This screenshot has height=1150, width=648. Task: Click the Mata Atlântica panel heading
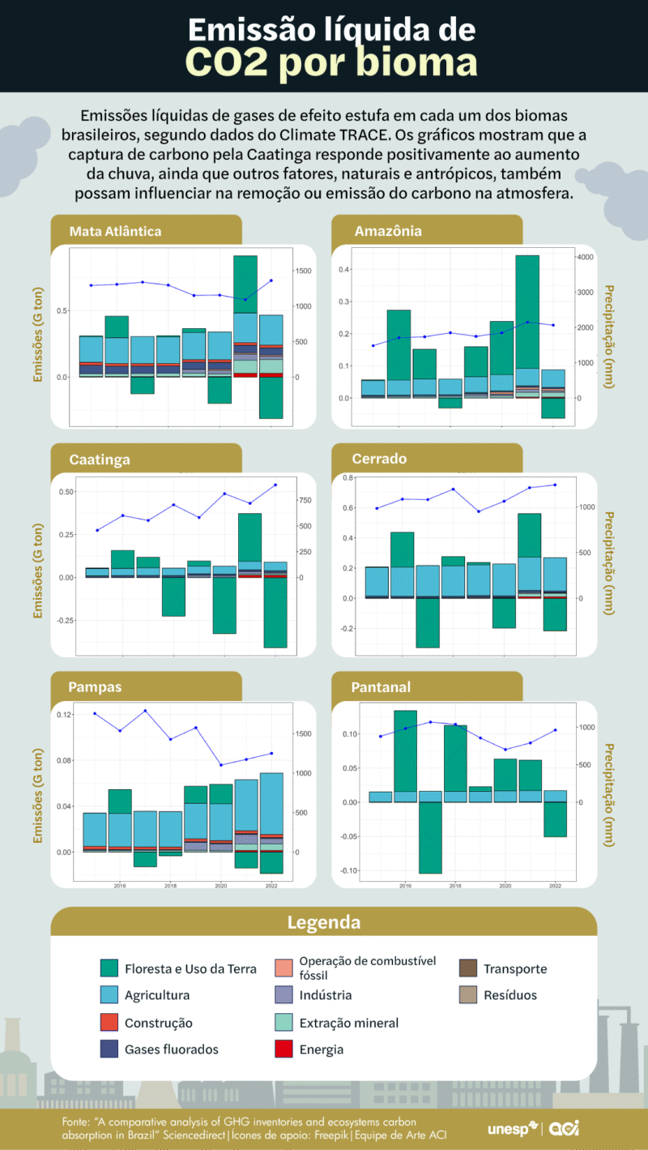pyautogui.click(x=116, y=231)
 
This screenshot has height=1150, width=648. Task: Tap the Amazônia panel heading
pyautogui.click(x=388, y=231)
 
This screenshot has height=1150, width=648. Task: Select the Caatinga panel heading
pyautogui.click(x=100, y=460)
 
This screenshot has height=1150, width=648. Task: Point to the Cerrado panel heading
pyautogui.click(x=379, y=459)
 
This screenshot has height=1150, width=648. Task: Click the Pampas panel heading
pyautogui.click(x=96, y=687)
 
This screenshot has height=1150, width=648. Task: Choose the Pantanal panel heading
pyautogui.click(x=381, y=687)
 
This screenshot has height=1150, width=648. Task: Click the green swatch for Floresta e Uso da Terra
pyautogui.click(x=110, y=968)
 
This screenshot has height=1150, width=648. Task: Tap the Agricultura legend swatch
pyautogui.click(x=110, y=994)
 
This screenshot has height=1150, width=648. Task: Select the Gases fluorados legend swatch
pyautogui.click(x=110, y=1049)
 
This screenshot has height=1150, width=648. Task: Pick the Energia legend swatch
pyautogui.click(x=283, y=1049)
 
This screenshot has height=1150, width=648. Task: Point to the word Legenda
pyautogui.click(x=324, y=922)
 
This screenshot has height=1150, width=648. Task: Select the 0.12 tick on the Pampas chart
pyautogui.click(x=63, y=714)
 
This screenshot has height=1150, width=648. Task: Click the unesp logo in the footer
pyautogui.click(x=513, y=1129)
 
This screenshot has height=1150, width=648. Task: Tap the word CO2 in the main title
pyautogui.click(x=227, y=63)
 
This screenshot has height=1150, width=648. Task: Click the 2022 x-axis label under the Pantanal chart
pyautogui.click(x=555, y=886)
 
